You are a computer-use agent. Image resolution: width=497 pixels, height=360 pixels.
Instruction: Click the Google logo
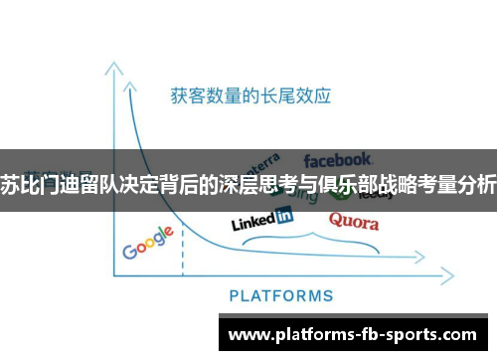click(148, 243)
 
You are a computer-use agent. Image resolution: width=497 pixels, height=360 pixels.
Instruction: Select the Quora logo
click(353, 221)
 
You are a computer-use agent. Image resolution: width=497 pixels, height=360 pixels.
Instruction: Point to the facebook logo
click(338, 159)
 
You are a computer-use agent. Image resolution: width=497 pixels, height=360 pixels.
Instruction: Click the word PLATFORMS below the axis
click(281, 295)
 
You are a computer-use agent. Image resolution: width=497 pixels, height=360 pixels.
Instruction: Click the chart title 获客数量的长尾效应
click(250, 96)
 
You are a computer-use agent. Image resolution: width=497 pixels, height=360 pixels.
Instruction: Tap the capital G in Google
click(129, 251)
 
